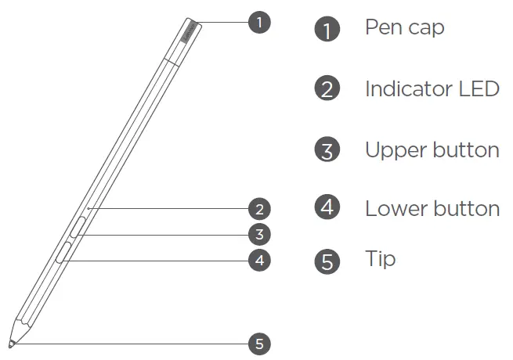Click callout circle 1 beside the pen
[x=259, y=22]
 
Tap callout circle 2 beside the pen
[x=259, y=209]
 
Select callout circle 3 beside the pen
[x=259, y=233]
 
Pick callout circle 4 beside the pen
[x=259, y=260]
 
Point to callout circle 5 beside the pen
[x=259, y=343]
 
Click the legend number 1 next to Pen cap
[x=327, y=30]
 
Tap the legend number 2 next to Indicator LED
[x=327, y=88]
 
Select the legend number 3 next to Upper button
[x=327, y=149]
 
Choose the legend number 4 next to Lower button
[x=327, y=207]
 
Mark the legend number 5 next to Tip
[x=327, y=261]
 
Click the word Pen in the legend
[x=381, y=27]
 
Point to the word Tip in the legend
[x=380, y=259]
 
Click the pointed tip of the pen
[x=11, y=342]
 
